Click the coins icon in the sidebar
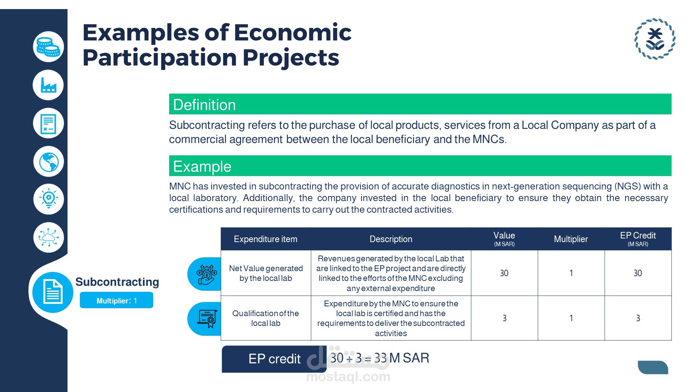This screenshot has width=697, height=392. click(x=48, y=46)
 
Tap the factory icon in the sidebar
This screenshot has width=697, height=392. click(x=48, y=85)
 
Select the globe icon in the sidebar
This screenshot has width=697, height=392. click(x=48, y=162)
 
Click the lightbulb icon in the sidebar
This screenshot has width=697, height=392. click(x=48, y=199)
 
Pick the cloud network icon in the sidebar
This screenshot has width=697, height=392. click(x=48, y=237)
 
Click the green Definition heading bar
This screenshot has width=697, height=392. click(x=420, y=104)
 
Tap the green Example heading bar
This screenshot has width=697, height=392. click(x=420, y=166)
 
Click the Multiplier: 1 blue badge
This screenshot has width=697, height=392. click(x=117, y=300)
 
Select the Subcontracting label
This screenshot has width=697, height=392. click(x=117, y=282)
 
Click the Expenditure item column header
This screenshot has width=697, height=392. click(x=266, y=239)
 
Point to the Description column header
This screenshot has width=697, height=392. click(x=391, y=239)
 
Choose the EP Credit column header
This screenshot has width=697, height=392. click(x=638, y=239)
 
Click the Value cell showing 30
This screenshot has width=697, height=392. click(x=504, y=273)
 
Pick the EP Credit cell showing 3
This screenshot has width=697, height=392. click(x=638, y=318)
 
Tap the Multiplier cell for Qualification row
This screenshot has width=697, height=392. click(x=571, y=318)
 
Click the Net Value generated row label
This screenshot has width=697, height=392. click(x=266, y=273)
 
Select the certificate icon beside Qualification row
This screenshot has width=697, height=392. click(x=207, y=318)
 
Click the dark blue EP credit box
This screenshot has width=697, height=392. click(x=274, y=359)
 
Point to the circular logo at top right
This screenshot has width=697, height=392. click(x=655, y=39)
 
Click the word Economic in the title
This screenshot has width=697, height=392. click(x=293, y=32)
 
